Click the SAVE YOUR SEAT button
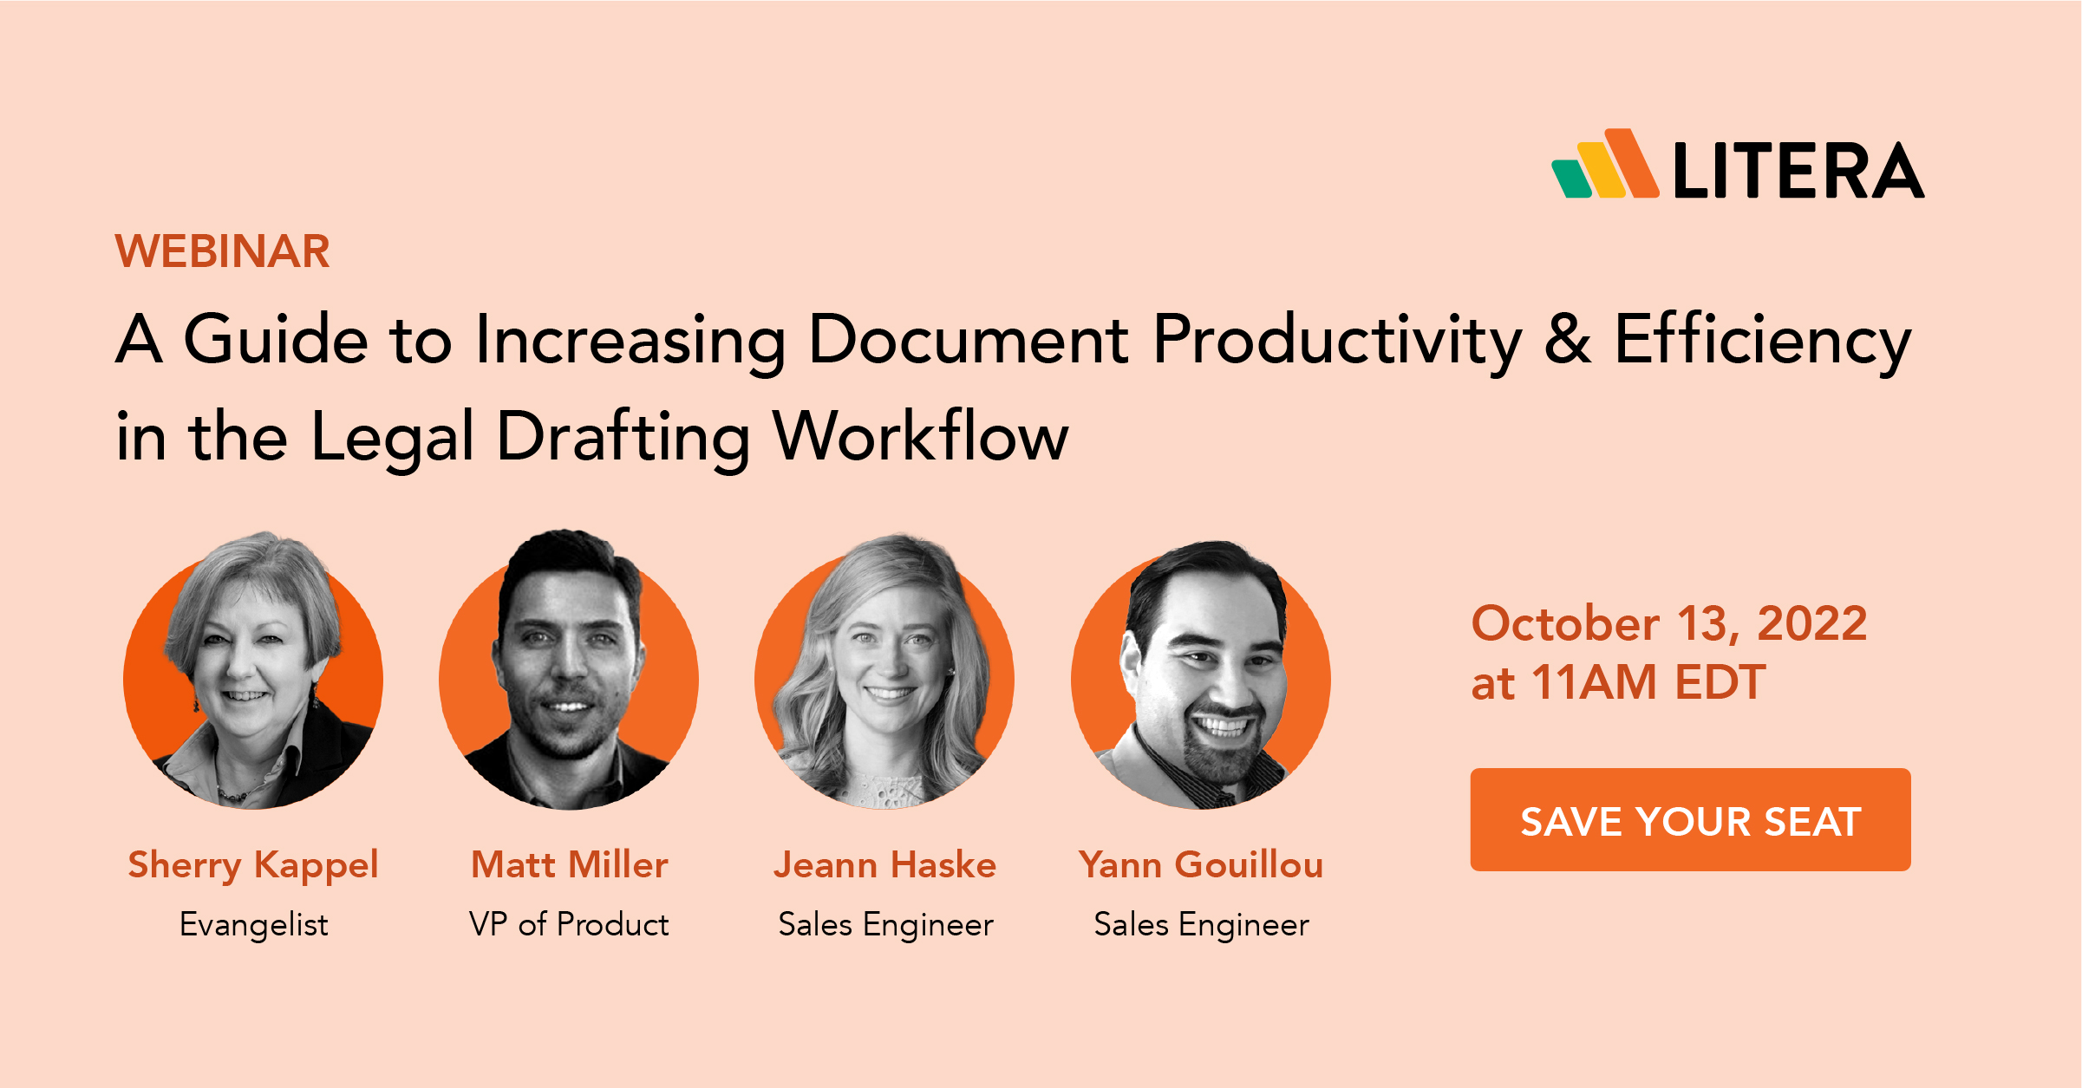click(1689, 820)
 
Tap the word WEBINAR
click(222, 251)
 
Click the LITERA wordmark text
click(1798, 171)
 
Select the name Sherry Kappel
click(252, 865)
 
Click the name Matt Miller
click(569, 865)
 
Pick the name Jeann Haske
click(884, 865)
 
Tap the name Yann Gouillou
click(1200, 865)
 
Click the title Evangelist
click(253, 924)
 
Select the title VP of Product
click(569, 924)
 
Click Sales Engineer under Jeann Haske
click(885, 924)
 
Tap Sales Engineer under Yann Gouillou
click(1201, 924)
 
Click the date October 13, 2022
click(1668, 623)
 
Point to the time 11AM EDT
click(1648, 682)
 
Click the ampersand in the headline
click(1567, 339)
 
